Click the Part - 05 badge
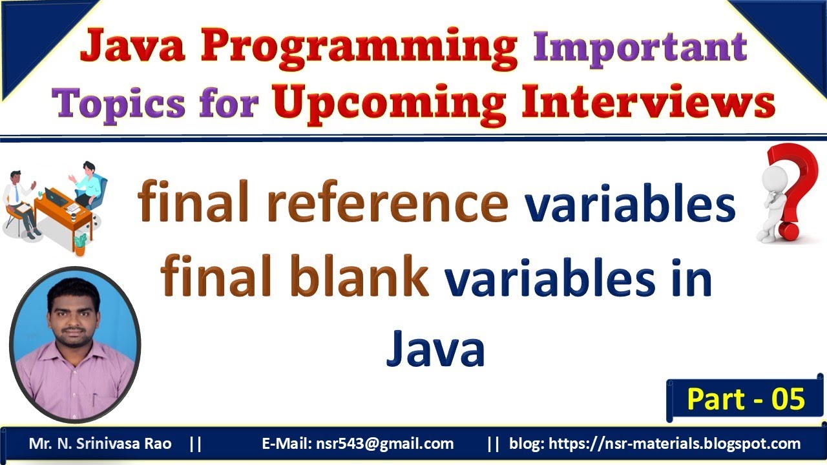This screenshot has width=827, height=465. (746, 399)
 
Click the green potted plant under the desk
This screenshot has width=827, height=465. (80, 243)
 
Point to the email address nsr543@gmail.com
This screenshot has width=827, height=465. (384, 444)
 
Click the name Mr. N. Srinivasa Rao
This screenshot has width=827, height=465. (100, 444)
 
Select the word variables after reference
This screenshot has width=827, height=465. (630, 203)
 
